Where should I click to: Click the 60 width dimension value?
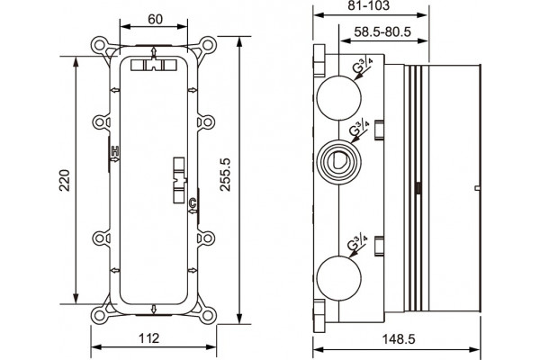click(x=155, y=19)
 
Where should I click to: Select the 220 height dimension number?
click(x=65, y=180)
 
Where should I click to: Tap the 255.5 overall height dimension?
click(x=225, y=175)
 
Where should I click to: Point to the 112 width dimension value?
click(x=148, y=338)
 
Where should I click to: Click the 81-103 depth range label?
click(x=368, y=5)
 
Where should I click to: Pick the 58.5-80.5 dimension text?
click(x=382, y=31)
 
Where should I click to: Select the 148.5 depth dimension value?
click(x=399, y=339)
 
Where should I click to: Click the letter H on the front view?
click(x=115, y=150)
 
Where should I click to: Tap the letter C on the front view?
click(x=193, y=203)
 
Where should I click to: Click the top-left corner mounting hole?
click(x=100, y=45)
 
